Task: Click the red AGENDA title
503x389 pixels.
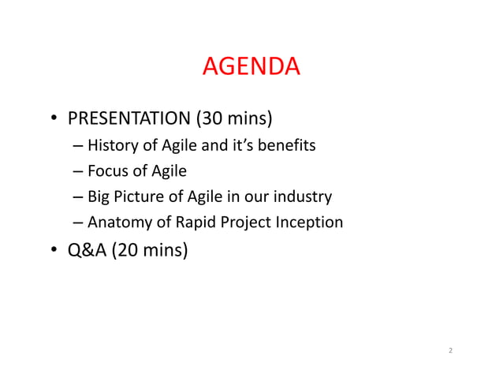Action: pos(251,67)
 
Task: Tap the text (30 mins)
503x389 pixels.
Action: pos(233,119)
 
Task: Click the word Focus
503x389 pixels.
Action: pos(109,170)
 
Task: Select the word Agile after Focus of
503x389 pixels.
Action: pos(169,171)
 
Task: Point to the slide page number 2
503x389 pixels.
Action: pos(450,350)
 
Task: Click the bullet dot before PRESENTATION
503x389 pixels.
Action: pos(54,121)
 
